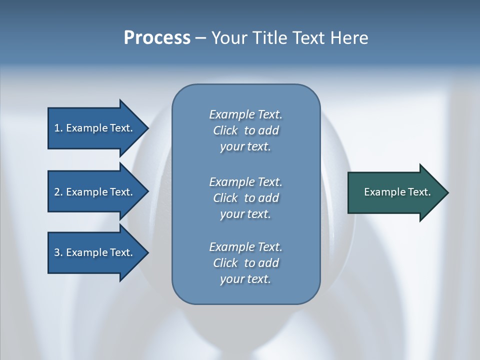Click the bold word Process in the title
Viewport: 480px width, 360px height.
click(157, 38)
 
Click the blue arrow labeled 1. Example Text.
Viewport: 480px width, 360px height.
click(95, 128)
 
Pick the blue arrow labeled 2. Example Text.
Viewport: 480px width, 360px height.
click(95, 192)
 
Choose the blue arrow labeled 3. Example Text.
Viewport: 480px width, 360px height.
click(95, 252)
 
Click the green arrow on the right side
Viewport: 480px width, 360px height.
click(395, 192)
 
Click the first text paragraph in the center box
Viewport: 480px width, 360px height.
click(245, 130)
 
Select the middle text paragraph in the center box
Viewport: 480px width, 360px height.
click(245, 198)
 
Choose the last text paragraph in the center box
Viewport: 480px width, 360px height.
click(245, 263)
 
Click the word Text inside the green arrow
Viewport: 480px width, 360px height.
click(418, 192)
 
